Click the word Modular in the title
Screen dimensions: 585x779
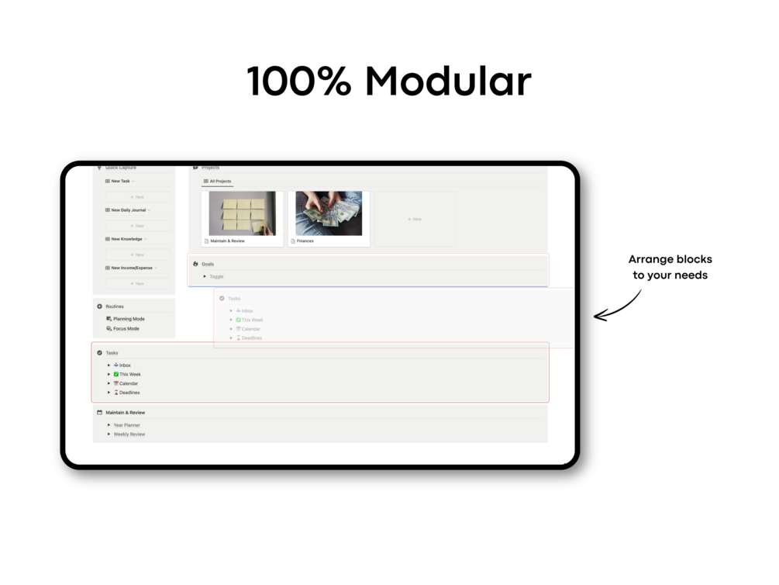coord(448,81)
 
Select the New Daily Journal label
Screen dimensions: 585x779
coord(128,210)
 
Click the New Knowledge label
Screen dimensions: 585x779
coord(126,239)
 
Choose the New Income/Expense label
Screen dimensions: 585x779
coord(132,268)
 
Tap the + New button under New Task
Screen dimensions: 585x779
coord(138,197)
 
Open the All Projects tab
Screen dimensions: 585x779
coord(220,182)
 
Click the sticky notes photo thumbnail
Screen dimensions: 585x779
coord(242,213)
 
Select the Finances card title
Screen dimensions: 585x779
coord(305,241)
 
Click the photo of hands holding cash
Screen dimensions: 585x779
coord(329,213)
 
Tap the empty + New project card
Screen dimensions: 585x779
coord(415,220)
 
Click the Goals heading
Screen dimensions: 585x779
coord(208,264)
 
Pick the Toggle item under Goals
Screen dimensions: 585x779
coord(216,276)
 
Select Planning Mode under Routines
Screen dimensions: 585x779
coord(129,319)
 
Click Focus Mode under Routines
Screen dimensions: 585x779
coord(126,329)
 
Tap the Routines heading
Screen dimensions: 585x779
coord(115,306)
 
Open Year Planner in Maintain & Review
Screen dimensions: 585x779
coord(126,425)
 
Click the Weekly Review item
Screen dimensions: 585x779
coord(129,434)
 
